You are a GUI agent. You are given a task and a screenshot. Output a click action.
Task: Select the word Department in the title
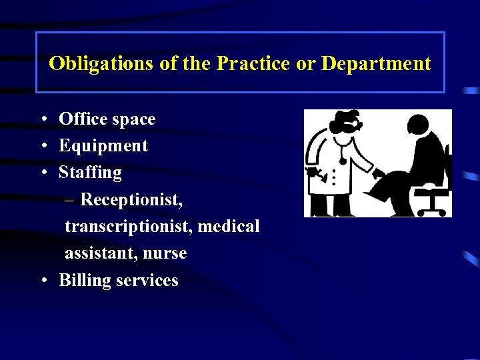(376, 64)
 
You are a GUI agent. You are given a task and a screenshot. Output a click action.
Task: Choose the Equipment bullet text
(103, 146)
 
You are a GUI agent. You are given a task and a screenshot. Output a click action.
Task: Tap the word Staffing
(90, 173)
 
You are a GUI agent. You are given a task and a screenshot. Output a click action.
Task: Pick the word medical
(229, 226)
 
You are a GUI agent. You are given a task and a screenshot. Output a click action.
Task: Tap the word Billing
(85, 280)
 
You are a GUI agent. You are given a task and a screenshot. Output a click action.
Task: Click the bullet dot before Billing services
(43, 281)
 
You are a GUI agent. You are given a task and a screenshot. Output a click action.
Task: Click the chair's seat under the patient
(429, 191)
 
